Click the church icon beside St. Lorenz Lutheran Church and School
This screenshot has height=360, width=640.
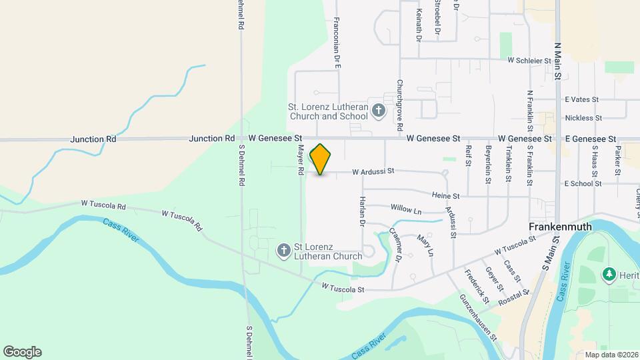coord(379,110)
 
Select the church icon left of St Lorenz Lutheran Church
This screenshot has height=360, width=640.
coord(283,251)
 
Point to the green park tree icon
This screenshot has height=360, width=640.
coord(608,274)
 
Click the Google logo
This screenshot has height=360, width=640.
coord(22,352)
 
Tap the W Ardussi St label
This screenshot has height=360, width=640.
coord(373,171)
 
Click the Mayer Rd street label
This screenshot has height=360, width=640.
coord(301,161)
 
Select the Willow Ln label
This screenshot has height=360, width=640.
coord(407,210)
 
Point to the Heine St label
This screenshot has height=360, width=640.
coord(446,197)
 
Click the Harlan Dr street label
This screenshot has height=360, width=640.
coord(363,211)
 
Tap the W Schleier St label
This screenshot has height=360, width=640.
coord(529,60)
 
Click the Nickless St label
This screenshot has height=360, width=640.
coord(583,118)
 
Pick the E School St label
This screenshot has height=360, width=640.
coord(583,183)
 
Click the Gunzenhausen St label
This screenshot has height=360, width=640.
coord(478,317)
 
